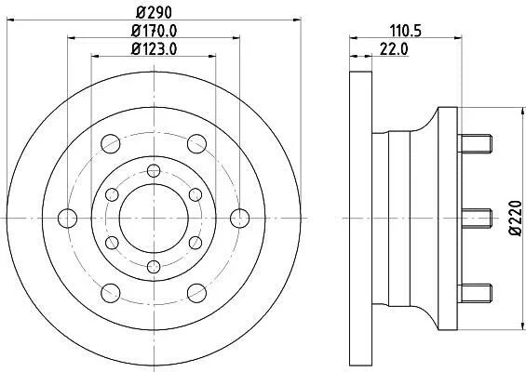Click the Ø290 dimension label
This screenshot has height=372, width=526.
pos(154,13)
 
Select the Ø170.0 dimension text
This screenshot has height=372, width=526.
pos(154,32)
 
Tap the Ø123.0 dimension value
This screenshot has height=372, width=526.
pos(154,49)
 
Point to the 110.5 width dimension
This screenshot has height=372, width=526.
pos(405,32)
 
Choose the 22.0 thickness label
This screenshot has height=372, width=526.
pos(394,49)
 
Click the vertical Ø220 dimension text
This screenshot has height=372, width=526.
pos(515,219)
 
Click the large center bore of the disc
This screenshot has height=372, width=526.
pos(154,219)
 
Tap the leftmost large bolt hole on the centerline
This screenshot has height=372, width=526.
pos(67,219)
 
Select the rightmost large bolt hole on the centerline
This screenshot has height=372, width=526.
pos(240,219)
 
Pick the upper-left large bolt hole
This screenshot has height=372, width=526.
pos(111,144)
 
